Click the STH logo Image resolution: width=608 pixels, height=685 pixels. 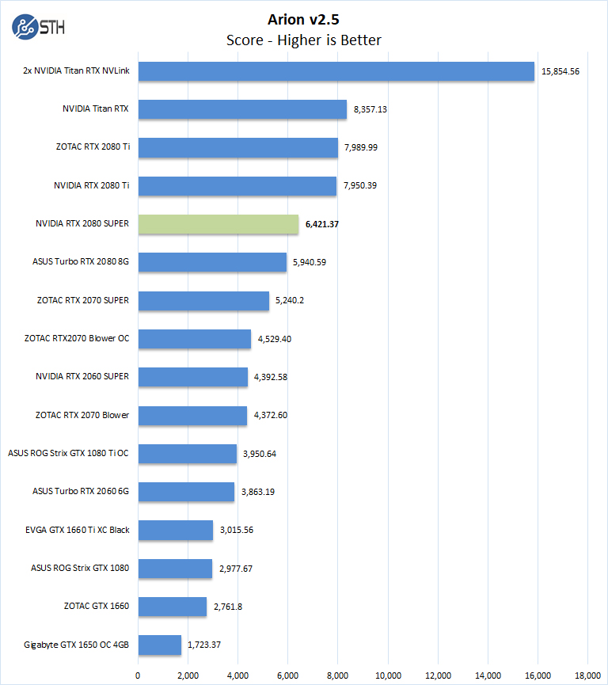(x=39, y=26)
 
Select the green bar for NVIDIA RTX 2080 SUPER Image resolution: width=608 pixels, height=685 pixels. (x=218, y=224)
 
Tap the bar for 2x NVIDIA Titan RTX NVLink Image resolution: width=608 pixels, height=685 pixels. (x=336, y=71)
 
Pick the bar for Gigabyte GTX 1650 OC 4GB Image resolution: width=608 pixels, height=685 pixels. (x=160, y=645)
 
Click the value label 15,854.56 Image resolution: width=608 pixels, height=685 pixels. (x=560, y=71)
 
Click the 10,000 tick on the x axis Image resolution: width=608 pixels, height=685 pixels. (x=388, y=675)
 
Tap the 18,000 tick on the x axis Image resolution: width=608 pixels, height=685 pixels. (x=587, y=675)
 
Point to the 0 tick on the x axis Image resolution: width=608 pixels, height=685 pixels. (x=139, y=675)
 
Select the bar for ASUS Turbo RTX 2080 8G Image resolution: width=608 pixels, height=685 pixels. (x=213, y=262)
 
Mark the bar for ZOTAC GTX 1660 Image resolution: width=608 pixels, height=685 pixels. (x=173, y=607)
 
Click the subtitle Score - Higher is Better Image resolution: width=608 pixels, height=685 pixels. (x=304, y=40)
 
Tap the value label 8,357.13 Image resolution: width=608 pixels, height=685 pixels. (x=370, y=109)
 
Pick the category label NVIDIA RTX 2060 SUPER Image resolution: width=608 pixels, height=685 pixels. (x=82, y=377)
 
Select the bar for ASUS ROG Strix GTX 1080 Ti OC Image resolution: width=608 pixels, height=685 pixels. (x=188, y=454)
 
